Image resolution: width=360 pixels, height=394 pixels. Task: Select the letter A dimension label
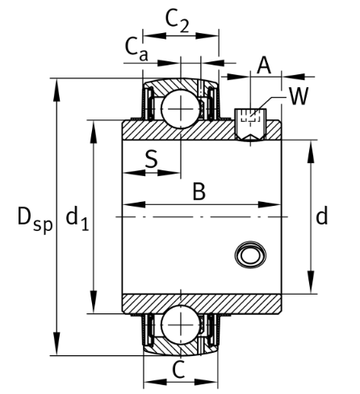pos(263,65)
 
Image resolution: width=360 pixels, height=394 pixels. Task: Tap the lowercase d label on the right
pos(321,216)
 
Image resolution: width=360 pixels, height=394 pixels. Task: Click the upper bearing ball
pos(180,106)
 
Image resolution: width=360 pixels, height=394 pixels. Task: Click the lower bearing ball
pos(180,325)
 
